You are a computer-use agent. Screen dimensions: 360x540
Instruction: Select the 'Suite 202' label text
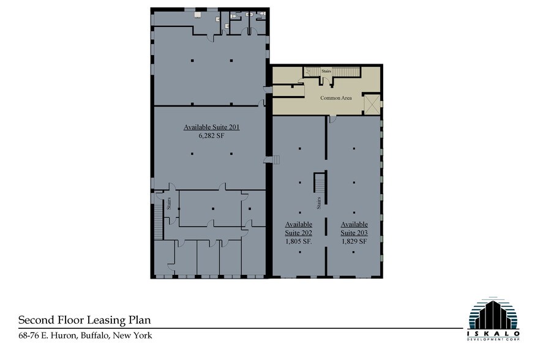(299, 233)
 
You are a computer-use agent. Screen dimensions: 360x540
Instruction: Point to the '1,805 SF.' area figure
(299, 241)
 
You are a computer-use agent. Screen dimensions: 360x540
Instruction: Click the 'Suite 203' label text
(354, 233)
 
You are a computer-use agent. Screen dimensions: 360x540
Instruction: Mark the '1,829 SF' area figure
(354, 241)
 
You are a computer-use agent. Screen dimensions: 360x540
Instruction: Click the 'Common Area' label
(336, 98)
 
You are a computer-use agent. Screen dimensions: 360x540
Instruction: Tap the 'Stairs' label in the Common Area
(326, 71)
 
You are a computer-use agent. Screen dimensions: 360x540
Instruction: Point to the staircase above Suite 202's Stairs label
(319, 182)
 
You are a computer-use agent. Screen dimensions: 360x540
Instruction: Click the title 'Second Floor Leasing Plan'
(84, 320)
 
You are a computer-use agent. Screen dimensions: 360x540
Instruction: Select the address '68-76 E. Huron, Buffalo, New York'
(85, 336)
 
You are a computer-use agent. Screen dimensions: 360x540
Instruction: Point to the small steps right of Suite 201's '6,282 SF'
(275, 160)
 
